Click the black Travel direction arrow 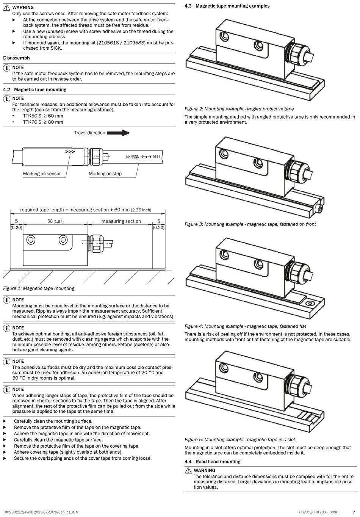coord(118,133)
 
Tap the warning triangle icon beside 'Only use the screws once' coord(7,8)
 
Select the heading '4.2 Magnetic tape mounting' coord(35,89)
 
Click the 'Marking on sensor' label coord(42,174)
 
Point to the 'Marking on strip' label coord(105,174)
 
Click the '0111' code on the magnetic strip coord(156,157)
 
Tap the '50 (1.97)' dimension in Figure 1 coord(55,221)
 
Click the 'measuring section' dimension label coord(121,221)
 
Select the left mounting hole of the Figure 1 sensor coord(31,240)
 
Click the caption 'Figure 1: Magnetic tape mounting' coord(39,288)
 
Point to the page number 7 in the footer coord(354,512)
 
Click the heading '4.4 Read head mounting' coord(212,462)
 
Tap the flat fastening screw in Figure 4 coord(310,303)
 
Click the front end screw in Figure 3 coord(320,208)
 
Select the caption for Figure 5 coord(240,440)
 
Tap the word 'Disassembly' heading coord(17,58)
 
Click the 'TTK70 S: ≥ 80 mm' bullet coord(43,122)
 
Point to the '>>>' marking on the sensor coord(70,152)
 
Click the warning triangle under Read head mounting coord(188,471)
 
